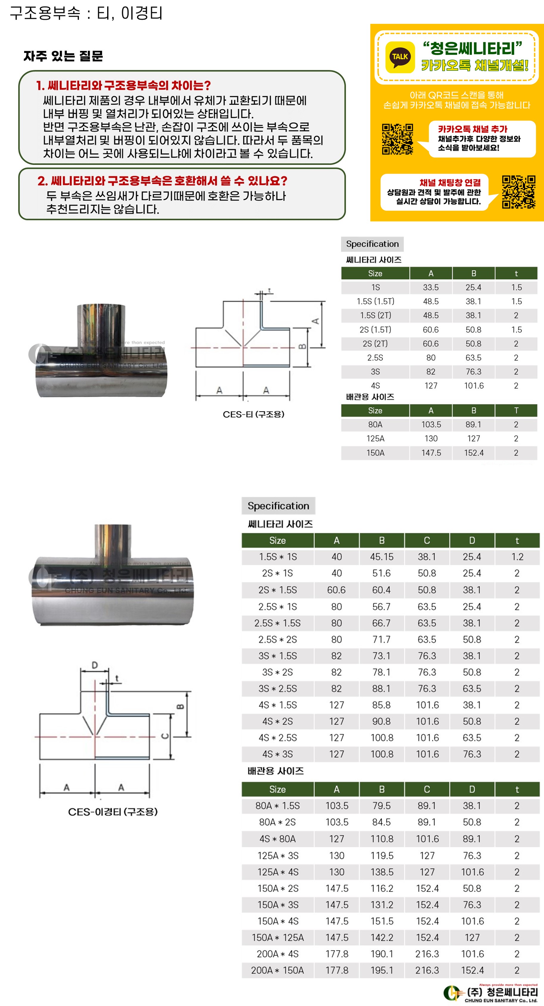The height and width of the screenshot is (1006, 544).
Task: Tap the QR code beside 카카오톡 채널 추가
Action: pyautogui.click(x=398, y=139)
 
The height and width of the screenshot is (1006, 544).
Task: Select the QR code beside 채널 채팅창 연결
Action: pyautogui.click(x=519, y=192)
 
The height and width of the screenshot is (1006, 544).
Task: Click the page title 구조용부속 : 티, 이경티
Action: pyautogui.click(x=86, y=13)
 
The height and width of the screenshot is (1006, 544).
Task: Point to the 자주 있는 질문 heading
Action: pyautogui.click(x=63, y=56)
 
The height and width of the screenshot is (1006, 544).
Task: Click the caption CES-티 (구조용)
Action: pyautogui.click(x=254, y=414)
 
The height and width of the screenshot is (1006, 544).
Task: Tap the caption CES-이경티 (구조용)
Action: pyautogui.click(x=112, y=812)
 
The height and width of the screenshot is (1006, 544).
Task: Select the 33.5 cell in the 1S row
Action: pyautogui.click(x=431, y=288)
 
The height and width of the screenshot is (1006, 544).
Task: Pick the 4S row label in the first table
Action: pyautogui.click(x=375, y=386)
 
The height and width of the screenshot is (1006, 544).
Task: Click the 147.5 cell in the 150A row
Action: pyautogui.click(x=431, y=453)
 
